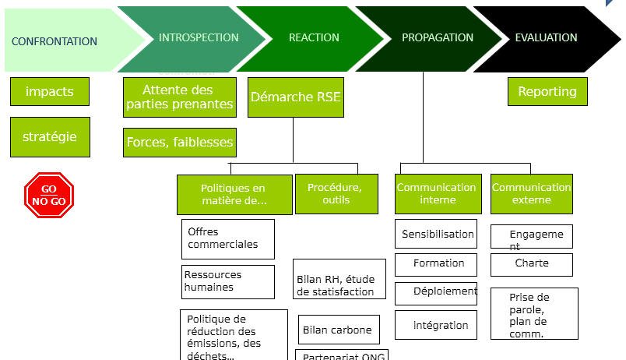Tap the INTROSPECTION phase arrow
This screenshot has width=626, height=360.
[x=199, y=37]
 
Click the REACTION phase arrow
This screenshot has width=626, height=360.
[x=314, y=37]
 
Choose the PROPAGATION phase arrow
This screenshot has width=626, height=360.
[x=438, y=37]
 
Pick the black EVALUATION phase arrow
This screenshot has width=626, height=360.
[x=547, y=37]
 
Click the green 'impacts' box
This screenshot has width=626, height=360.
[x=50, y=91]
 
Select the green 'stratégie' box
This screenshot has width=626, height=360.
[x=50, y=136]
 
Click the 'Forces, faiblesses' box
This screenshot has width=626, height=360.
[x=180, y=143]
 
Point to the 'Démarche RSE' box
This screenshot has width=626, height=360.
[x=295, y=97]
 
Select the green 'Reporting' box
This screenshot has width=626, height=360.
[x=547, y=91]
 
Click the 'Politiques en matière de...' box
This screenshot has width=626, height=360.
[x=234, y=194]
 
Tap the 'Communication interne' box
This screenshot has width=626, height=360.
[x=437, y=193]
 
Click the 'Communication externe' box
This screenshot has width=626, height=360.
[x=531, y=193]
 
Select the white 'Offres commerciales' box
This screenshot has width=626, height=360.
[x=227, y=238]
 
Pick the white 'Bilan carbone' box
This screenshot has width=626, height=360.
[x=338, y=330]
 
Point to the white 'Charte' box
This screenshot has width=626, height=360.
[x=532, y=264]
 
